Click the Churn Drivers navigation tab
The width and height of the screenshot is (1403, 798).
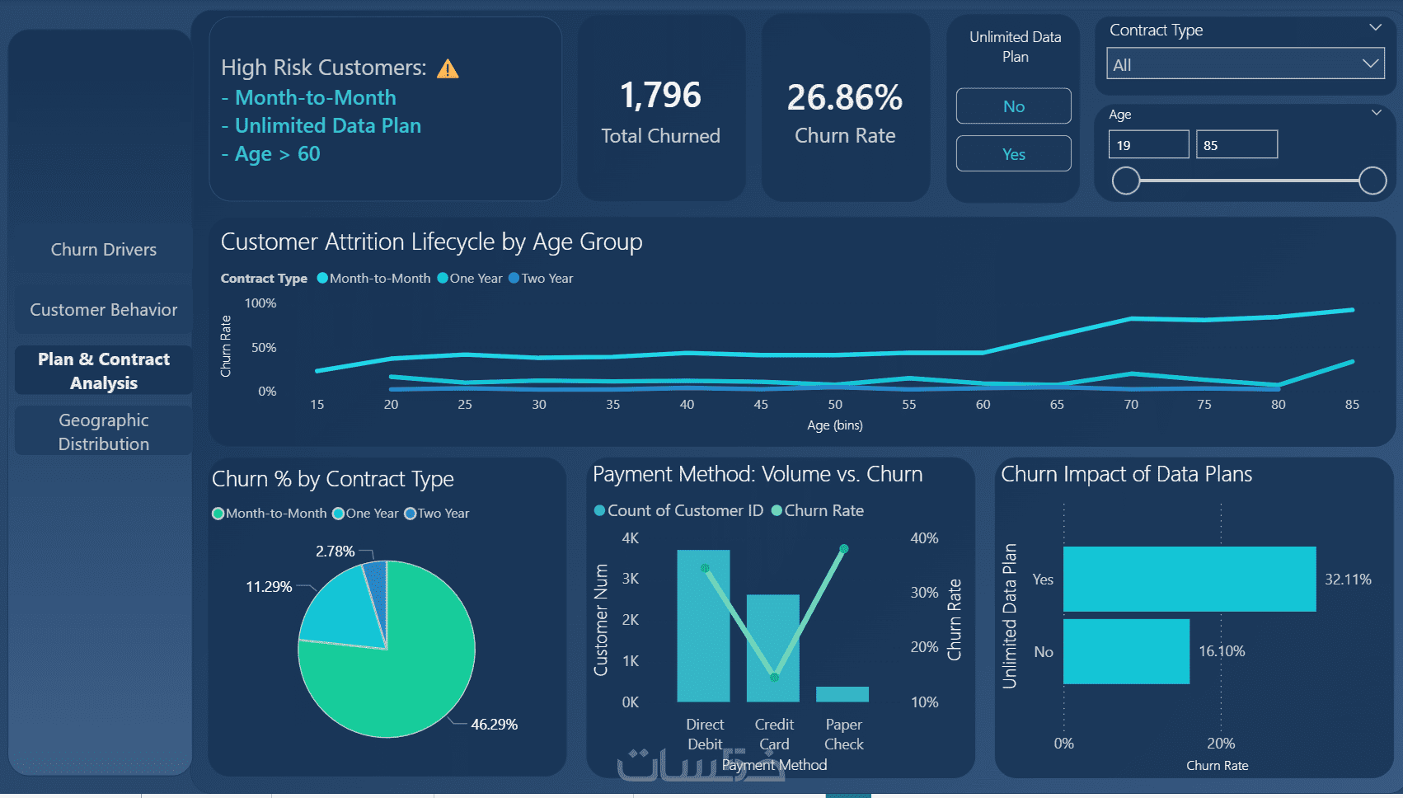pyautogui.click(x=103, y=249)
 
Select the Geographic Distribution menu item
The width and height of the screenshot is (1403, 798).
pyautogui.click(x=103, y=432)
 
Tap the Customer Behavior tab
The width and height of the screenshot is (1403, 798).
pyautogui.click(x=103, y=309)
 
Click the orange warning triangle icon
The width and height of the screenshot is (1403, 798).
pyautogui.click(x=448, y=68)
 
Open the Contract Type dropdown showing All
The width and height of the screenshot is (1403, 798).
pyautogui.click(x=1246, y=64)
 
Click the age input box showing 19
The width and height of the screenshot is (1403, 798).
pyautogui.click(x=1148, y=145)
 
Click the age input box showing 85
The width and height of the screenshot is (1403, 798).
pyautogui.click(x=1236, y=145)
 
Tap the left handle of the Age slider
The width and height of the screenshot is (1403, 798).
pyautogui.click(x=1125, y=181)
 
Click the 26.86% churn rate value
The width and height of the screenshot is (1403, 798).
pyautogui.click(x=844, y=98)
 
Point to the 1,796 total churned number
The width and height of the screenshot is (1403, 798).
pyautogui.click(x=660, y=96)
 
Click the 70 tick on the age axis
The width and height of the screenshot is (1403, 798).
pyautogui.click(x=1130, y=405)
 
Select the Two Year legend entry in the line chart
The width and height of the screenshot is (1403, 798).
pyautogui.click(x=541, y=278)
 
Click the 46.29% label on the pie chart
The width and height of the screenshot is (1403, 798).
pyautogui.click(x=494, y=725)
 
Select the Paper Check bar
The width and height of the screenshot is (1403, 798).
pyautogui.click(x=842, y=694)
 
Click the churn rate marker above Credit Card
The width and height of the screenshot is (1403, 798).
pyautogui.click(x=774, y=677)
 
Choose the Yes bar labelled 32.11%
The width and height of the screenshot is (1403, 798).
pyautogui.click(x=1189, y=579)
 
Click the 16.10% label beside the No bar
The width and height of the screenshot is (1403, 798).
pyautogui.click(x=1222, y=651)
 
